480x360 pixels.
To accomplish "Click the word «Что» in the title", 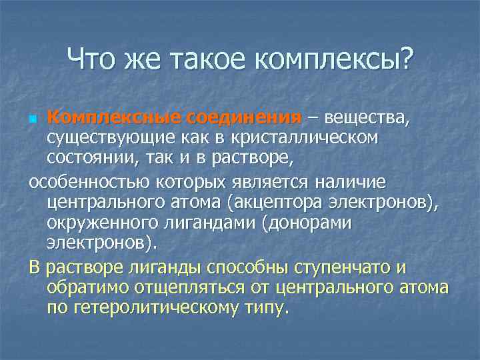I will (93, 61).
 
